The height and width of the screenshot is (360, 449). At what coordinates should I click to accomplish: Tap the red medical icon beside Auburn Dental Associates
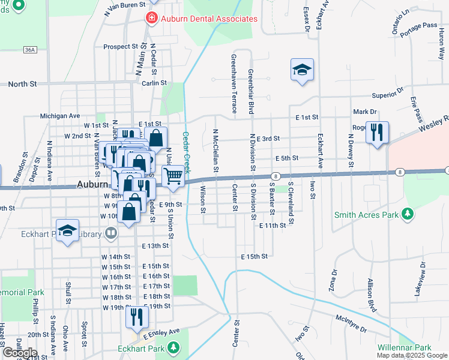(151, 19)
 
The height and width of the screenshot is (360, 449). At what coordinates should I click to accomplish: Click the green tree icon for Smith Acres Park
(408, 214)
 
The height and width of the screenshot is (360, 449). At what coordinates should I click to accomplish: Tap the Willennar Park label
(405, 347)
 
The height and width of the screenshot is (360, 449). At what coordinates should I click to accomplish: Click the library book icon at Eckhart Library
(110, 233)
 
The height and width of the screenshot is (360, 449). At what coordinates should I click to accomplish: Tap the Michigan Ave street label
(60, 115)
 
